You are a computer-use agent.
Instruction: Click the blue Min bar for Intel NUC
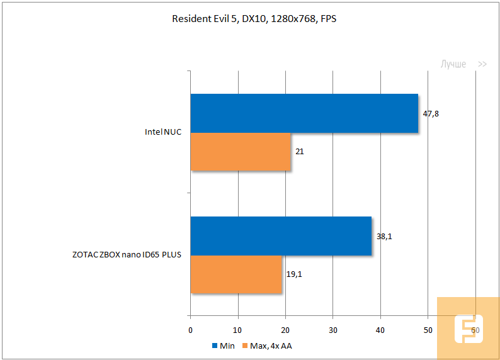tap(304, 113)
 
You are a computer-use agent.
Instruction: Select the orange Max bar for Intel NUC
tap(241, 152)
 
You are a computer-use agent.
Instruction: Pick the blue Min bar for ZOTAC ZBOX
tap(281, 236)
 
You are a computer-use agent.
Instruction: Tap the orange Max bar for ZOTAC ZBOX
tap(236, 274)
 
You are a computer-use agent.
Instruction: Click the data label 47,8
tap(431, 113)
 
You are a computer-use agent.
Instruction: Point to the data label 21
tap(300, 152)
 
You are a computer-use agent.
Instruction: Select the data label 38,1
tap(384, 236)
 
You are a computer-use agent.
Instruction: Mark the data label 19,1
tap(294, 274)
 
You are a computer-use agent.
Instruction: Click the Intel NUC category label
tap(162, 133)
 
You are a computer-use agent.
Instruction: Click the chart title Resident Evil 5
tap(254, 19)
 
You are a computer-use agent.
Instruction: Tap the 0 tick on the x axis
tap(191, 330)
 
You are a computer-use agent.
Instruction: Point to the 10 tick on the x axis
tap(238, 330)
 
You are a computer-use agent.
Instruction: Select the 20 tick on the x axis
tap(285, 330)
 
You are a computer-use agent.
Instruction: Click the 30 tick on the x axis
tap(332, 330)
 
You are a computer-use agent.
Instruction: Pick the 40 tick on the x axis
tap(380, 330)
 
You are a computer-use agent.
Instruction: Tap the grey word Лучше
tap(453, 64)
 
